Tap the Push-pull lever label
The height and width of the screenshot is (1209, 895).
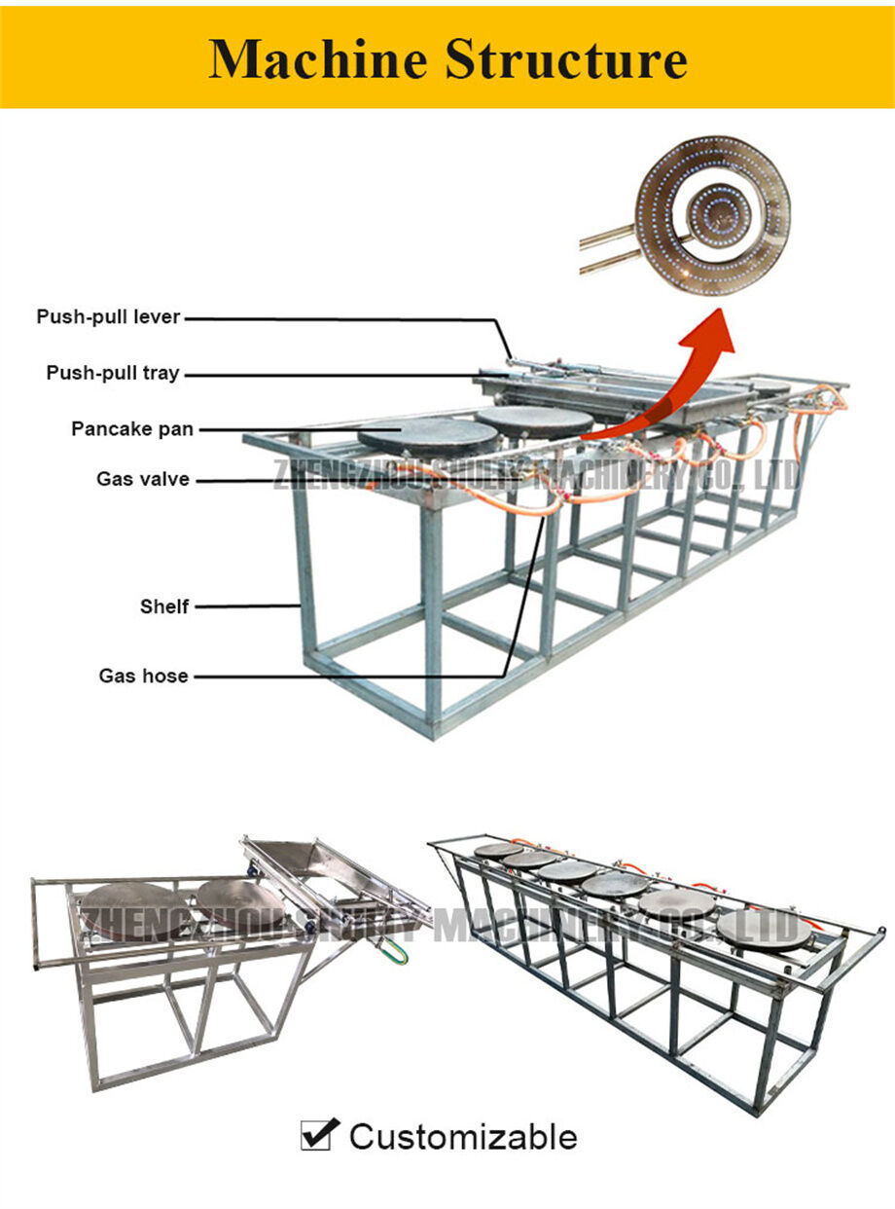108,316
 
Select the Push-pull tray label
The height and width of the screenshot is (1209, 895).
113,373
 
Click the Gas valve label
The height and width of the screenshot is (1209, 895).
142,479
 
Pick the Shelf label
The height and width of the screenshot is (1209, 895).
163,606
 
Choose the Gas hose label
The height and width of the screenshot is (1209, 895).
143,676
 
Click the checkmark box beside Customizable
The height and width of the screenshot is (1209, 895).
320,1134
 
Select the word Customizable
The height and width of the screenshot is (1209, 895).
463,1136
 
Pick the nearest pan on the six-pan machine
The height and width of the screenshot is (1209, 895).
763,928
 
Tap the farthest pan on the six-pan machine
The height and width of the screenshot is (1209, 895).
497,850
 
